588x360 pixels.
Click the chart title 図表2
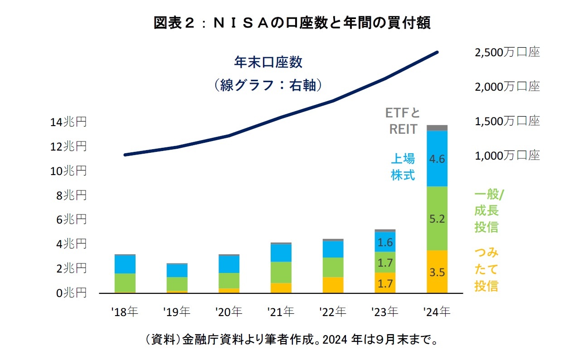[x=292, y=23]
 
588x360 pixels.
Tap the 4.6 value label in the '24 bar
[x=437, y=159]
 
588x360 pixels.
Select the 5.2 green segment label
[x=437, y=219]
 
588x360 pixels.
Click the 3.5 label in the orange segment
[x=437, y=272]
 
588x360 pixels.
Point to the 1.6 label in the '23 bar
[x=385, y=242]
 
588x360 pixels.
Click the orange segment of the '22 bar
[x=333, y=285]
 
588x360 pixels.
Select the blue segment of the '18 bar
[x=125, y=264]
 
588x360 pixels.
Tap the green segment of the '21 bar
[x=281, y=272]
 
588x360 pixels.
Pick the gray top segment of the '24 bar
[x=437, y=128]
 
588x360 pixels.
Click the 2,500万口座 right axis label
[x=507, y=53]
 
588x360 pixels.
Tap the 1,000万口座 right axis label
[x=507, y=156]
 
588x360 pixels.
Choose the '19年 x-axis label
[x=177, y=312]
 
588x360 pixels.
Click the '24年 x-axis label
[x=437, y=312]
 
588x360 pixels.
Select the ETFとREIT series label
[x=403, y=121]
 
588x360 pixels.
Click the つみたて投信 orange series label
[x=486, y=269]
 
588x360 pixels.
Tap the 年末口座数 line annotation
[x=268, y=62]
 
